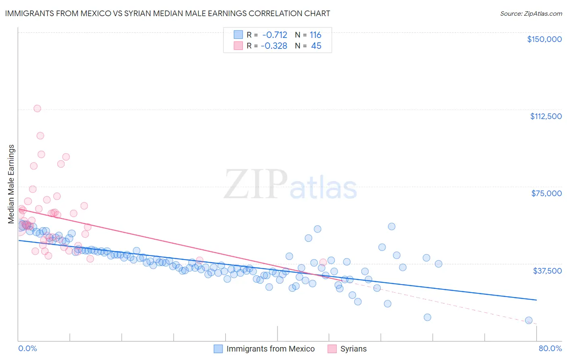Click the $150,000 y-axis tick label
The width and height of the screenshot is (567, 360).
click(x=544, y=39)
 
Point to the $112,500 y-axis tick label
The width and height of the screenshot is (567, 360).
click(x=546, y=116)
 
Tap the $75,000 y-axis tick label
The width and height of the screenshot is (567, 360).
click(x=546, y=193)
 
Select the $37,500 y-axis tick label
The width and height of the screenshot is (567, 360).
click(x=547, y=271)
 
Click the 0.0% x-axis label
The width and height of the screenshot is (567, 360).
click(x=27, y=348)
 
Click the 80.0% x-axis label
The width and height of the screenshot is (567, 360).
click(x=550, y=348)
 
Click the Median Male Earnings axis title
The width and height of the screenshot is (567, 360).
click(x=11, y=184)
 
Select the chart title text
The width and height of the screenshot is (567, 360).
click(x=167, y=13)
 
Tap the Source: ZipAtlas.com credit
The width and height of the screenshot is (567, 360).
click(x=531, y=13)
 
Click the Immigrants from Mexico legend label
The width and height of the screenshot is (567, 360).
click(x=270, y=349)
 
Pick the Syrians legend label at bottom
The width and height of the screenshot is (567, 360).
click(x=353, y=349)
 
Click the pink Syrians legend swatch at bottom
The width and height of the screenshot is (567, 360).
click(x=332, y=349)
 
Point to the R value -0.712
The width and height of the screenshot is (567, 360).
click(x=274, y=35)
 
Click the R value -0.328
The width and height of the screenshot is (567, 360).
click(x=274, y=46)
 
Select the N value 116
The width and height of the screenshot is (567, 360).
click(x=315, y=35)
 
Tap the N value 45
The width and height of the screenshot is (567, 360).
click(x=316, y=46)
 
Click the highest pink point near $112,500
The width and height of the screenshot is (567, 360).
click(x=37, y=108)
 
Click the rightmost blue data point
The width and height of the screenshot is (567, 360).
click(x=529, y=320)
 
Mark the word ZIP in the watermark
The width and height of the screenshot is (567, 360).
click(x=255, y=185)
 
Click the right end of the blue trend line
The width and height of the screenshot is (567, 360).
click(x=536, y=300)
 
